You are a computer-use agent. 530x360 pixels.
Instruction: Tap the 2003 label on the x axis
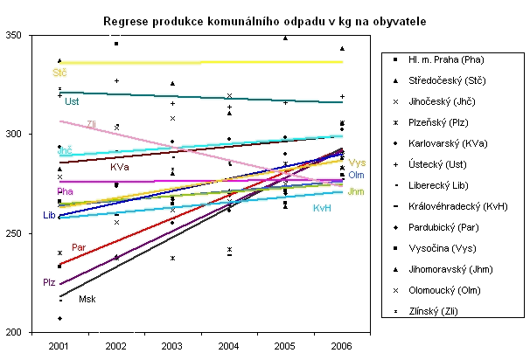[x=172, y=347]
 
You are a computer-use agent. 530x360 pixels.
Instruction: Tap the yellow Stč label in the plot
[x=59, y=72]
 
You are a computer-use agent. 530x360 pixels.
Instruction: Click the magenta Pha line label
[x=64, y=191]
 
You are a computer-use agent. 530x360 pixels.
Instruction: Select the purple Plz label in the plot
[x=49, y=283]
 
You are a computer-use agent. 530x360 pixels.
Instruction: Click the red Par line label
[x=79, y=248]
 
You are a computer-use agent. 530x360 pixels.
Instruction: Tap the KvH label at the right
[x=322, y=208]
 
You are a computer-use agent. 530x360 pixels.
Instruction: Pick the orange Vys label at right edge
[x=357, y=163]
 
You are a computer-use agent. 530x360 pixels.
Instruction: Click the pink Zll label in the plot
[x=92, y=124]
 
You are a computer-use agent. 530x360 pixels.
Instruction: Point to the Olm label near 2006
[x=357, y=176]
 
